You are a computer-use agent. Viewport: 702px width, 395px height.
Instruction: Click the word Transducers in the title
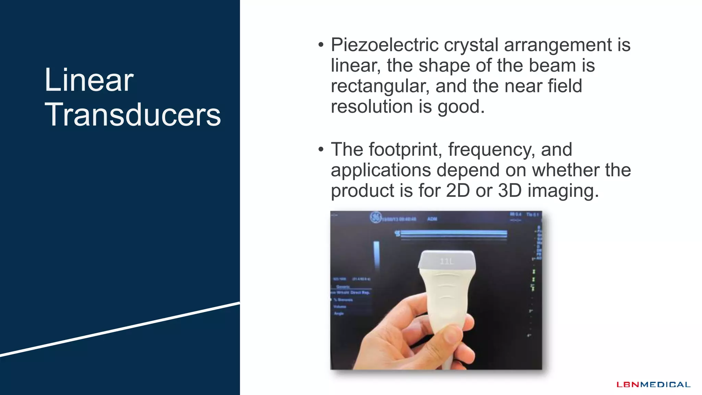pos(133,115)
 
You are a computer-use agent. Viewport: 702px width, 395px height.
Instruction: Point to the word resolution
pos(372,107)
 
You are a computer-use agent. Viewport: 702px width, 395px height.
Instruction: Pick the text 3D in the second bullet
pos(510,191)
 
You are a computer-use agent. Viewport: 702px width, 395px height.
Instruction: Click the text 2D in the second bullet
pos(458,191)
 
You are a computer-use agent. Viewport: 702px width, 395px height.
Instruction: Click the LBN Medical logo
pos(653,385)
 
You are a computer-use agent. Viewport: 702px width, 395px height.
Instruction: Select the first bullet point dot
pos(321,45)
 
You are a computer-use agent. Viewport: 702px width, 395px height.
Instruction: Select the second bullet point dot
pos(321,149)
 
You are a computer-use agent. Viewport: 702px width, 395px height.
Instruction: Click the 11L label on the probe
pos(447,262)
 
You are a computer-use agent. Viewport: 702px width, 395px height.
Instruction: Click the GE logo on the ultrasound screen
pos(376,217)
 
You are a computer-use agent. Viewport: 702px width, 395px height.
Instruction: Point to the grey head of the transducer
pos(447,260)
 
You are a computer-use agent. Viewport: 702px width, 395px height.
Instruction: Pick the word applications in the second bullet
pos(380,170)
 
